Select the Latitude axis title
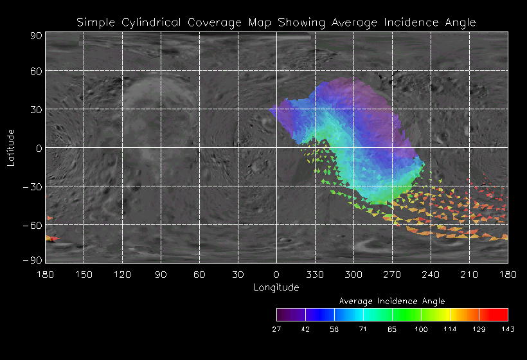pyautogui.click(x=11, y=147)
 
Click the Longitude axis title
pyautogui.click(x=276, y=287)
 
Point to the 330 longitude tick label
pyautogui.click(x=315, y=274)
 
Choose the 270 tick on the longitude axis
pyautogui.click(x=392, y=274)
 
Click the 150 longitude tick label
pyautogui.click(x=84, y=274)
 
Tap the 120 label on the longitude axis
pyautogui.click(x=122, y=274)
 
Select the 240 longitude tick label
pyautogui.click(x=431, y=274)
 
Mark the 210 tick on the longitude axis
pyautogui.click(x=469, y=274)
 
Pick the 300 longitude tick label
pyautogui.click(x=353, y=274)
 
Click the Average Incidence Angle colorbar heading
pyautogui.click(x=392, y=301)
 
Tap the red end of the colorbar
pyautogui.click(x=501, y=314)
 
